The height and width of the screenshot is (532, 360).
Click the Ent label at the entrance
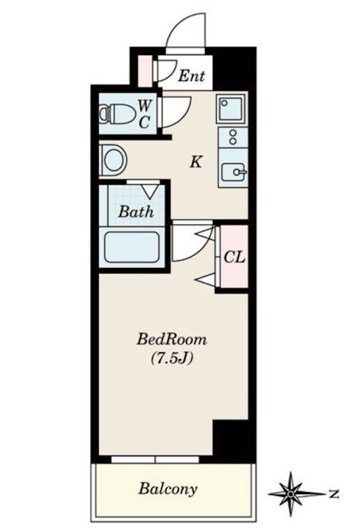[x=192, y=76]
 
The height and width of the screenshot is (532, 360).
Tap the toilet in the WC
[x=117, y=114]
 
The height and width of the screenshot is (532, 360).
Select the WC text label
[x=144, y=114]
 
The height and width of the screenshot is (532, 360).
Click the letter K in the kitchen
[x=196, y=162]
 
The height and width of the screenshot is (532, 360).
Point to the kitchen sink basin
[x=233, y=172]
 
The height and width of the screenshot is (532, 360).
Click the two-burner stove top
[x=233, y=138]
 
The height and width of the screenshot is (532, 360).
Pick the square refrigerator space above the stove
[x=232, y=108]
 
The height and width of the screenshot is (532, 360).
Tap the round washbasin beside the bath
[x=113, y=160]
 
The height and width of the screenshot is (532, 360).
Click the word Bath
[x=136, y=212]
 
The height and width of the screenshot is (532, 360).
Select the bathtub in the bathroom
[x=132, y=247]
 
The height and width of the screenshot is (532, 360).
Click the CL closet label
[x=234, y=257]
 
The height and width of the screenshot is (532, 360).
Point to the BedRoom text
[x=172, y=339]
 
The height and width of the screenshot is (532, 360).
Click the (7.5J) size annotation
[x=172, y=358]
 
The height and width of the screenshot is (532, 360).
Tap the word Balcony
[x=168, y=489]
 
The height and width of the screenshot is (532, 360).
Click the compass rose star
[x=291, y=493]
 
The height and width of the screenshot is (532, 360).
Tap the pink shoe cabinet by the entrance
[x=145, y=70]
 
